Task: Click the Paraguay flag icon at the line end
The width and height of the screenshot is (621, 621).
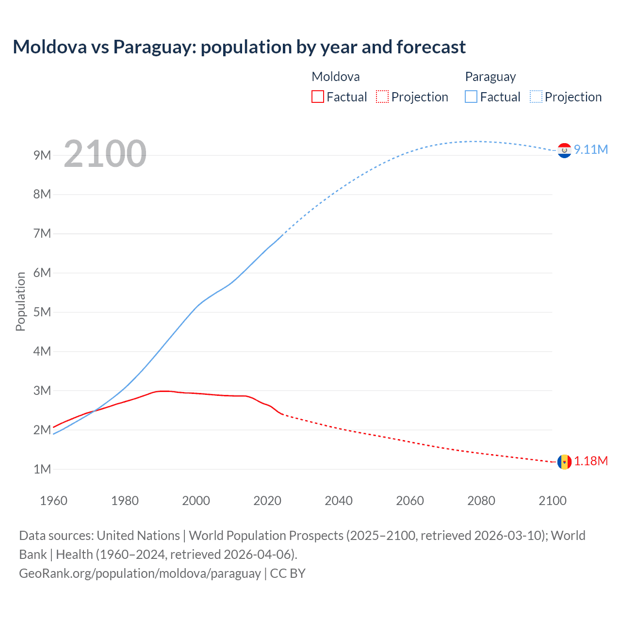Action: (564, 150)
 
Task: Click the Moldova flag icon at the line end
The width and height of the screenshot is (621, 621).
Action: (564, 462)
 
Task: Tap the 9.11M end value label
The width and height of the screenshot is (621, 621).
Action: (590, 149)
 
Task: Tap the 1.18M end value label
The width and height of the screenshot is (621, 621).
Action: (590, 461)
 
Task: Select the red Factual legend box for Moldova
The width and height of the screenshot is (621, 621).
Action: (317, 97)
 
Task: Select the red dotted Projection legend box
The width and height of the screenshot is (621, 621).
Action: (382, 97)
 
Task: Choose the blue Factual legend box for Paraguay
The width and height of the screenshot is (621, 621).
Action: (471, 97)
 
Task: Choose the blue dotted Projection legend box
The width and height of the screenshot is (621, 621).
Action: (536, 97)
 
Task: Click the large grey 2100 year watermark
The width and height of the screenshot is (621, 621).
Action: (105, 154)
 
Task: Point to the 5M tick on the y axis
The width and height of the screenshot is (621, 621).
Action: (42, 312)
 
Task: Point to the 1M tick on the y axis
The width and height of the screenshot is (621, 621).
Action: (42, 469)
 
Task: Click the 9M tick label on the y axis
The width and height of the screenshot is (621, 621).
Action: (42, 155)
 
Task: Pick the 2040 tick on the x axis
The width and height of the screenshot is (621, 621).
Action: (339, 501)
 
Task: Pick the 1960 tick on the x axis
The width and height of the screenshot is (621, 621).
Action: (53, 501)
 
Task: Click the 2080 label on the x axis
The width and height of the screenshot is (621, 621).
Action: (481, 501)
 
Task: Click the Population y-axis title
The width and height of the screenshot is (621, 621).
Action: (20, 301)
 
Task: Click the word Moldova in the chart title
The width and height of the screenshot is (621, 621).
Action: (50, 47)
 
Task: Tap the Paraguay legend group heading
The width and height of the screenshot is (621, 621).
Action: (490, 77)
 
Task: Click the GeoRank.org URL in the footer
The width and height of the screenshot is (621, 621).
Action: (140, 573)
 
